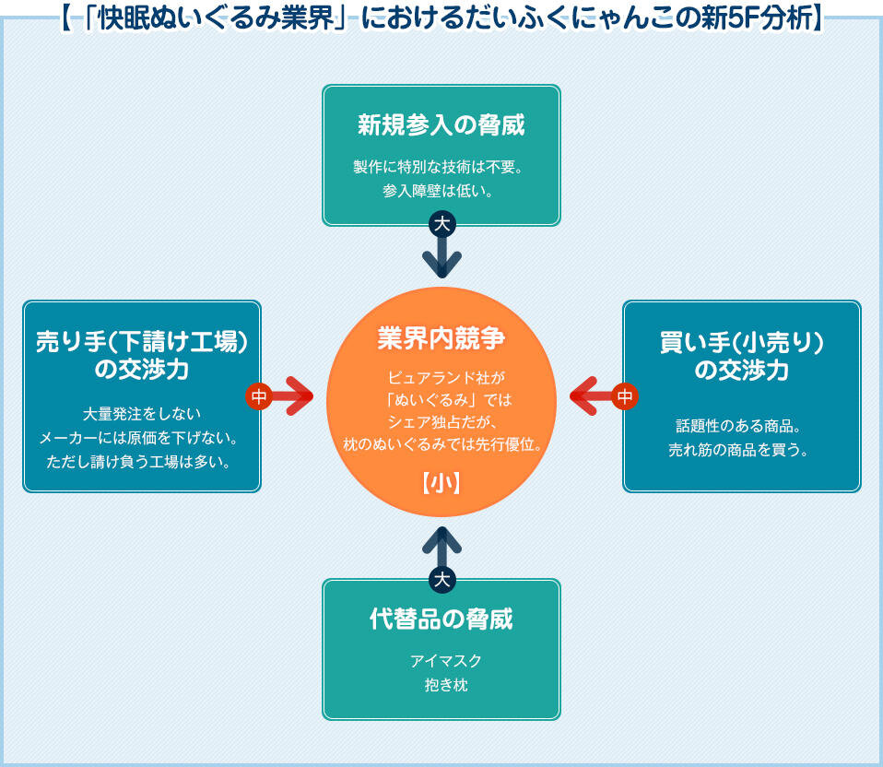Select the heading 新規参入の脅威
[441, 124]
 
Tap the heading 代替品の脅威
[441, 619]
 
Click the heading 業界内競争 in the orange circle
[441, 338]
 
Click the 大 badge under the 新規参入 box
[442, 224]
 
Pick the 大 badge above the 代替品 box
[442, 579]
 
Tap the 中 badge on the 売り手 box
[259, 396]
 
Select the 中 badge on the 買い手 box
[625, 396]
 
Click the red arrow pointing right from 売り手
[293, 396]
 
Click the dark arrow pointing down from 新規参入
[442, 256]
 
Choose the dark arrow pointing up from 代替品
[442, 548]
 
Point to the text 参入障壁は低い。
[441, 192]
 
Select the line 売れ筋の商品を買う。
[741, 451]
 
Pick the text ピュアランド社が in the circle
[441, 377]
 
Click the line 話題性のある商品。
[741, 427]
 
